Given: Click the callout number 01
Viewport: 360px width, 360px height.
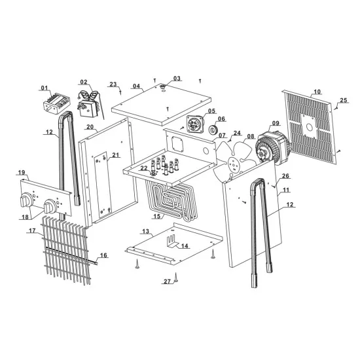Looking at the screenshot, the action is point(45,88).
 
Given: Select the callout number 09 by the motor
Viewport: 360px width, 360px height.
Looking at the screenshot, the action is point(276,123).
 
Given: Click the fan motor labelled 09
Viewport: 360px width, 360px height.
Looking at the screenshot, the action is point(272,148).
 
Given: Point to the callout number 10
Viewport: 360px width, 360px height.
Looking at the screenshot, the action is point(317,92).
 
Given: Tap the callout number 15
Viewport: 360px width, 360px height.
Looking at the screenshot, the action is point(157,216).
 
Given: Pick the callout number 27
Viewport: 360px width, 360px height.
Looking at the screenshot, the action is point(167,281).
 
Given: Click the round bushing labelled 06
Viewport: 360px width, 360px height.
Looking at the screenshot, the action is point(213,130).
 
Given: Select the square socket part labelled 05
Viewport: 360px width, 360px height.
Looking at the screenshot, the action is point(195,124).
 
